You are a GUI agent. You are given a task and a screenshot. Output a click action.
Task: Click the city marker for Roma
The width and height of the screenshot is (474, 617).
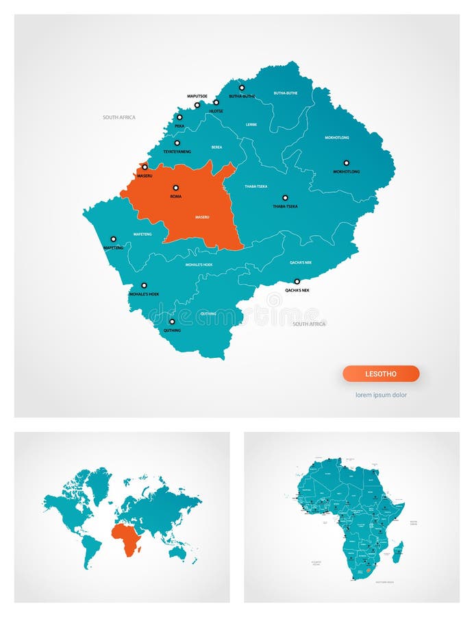point(175,187)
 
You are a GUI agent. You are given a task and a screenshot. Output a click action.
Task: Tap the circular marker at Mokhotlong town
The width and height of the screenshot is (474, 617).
point(346,162)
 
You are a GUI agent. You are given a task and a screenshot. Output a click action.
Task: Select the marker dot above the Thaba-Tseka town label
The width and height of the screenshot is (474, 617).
point(285,197)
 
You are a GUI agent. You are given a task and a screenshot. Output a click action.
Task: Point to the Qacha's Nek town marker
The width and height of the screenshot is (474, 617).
point(297,281)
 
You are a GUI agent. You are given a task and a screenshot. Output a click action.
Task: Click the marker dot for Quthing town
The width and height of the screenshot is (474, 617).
point(172,322)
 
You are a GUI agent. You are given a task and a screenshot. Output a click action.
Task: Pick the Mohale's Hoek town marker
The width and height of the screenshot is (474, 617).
point(144,285)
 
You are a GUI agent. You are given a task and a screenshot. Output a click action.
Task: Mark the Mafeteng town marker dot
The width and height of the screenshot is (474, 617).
point(114,239)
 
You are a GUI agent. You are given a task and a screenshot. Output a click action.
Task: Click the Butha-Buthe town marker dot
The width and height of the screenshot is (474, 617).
point(241,88)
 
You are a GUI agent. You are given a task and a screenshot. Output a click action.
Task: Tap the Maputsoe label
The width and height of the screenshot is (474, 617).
point(197,96)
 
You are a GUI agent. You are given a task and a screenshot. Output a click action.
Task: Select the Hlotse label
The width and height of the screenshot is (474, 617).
point(216,110)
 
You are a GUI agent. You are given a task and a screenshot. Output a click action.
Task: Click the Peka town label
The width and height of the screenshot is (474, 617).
point(179,126)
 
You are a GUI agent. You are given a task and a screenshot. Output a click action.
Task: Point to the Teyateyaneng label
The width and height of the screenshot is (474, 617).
point(177,151)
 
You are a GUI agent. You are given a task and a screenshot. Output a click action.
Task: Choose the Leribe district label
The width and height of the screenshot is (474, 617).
point(251,125)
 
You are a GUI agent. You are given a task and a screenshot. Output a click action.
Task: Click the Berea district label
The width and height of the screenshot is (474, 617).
point(216,147)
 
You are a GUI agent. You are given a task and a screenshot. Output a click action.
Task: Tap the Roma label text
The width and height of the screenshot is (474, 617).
point(176,197)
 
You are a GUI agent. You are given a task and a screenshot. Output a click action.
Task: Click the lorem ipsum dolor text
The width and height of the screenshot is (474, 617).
point(381,395)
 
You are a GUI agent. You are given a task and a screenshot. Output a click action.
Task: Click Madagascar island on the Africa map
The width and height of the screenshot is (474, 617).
point(398,552)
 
